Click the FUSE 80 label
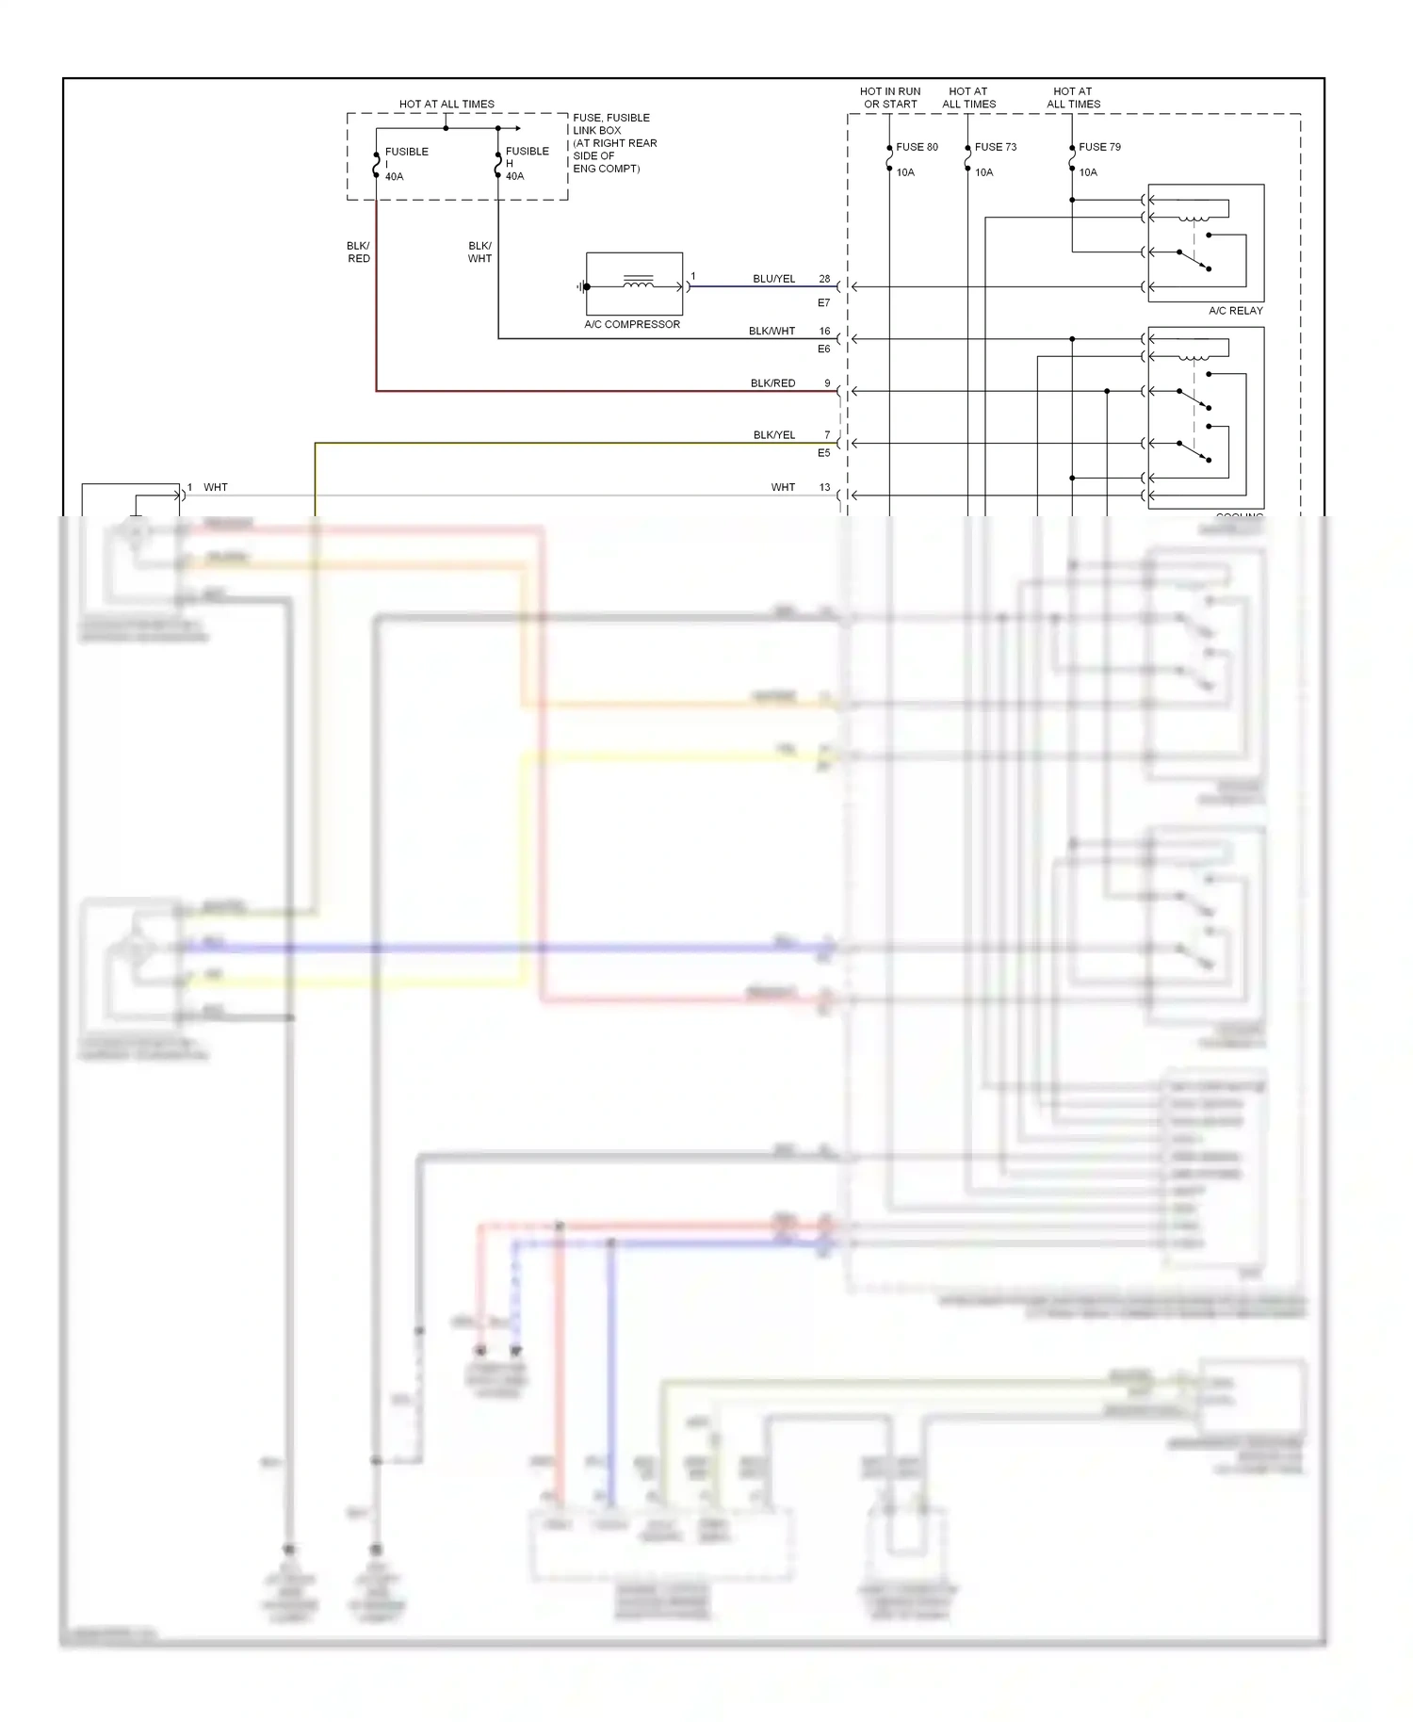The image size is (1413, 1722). point(916,147)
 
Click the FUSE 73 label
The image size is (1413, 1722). point(995,147)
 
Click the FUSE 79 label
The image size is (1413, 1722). point(1099,147)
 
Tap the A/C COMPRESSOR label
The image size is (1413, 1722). point(631,324)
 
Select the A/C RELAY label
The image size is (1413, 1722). point(1235,310)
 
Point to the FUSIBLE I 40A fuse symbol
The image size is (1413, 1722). point(376,164)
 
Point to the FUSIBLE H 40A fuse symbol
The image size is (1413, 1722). point(497,164)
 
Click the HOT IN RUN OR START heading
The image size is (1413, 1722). point(889,98)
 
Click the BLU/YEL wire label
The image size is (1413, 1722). point(773,279)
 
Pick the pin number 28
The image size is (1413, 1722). point(824,279)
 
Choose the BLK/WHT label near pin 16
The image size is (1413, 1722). point(771,331)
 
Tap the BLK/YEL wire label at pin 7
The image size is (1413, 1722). point(773,434)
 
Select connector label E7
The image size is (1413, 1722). point(823,302)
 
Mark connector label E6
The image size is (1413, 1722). point(823,349)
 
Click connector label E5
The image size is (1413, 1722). point(823,452)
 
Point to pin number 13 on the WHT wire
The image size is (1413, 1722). point(824,487)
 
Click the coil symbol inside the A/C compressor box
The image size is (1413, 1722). point(638,282)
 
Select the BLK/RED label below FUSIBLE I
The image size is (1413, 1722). point(358,252)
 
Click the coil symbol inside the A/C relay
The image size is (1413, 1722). point(1194,219)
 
